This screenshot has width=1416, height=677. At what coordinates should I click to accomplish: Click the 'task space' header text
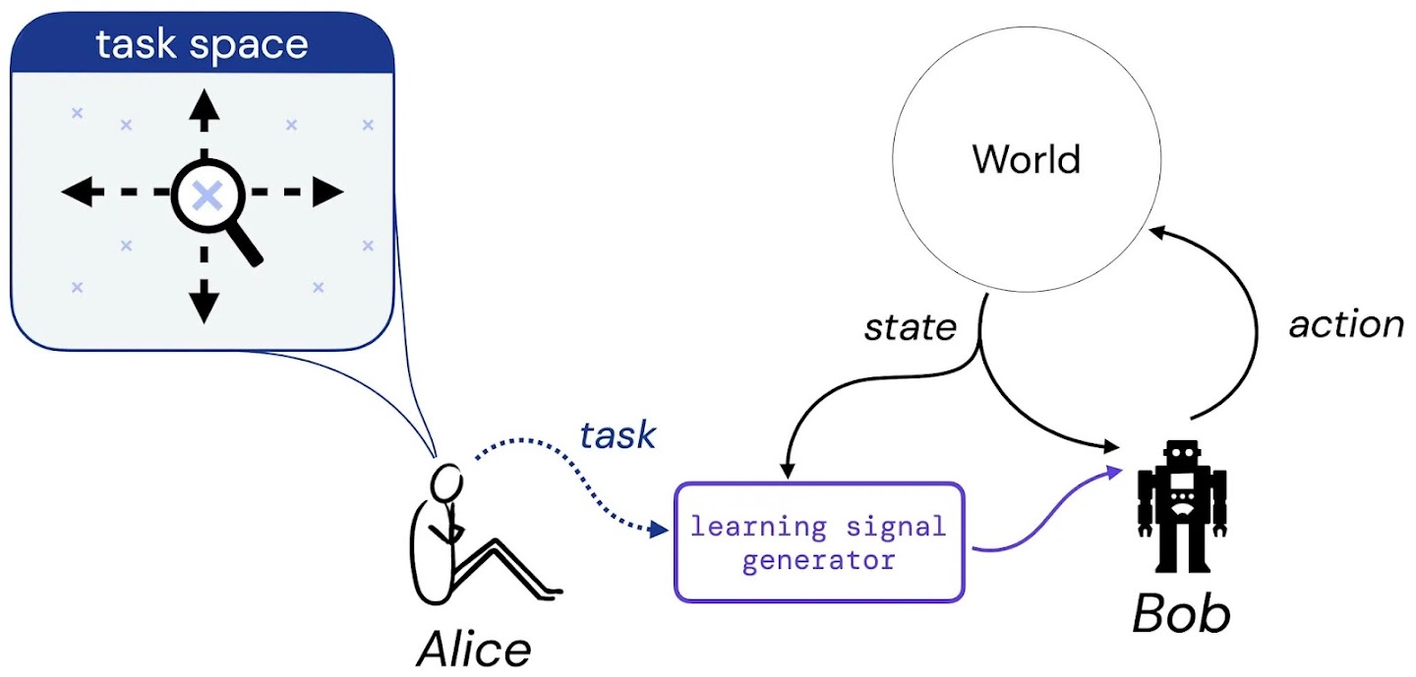pyautogui.click(x=202, y=44)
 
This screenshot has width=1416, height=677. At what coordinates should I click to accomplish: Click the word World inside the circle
pyautogui.click(x=1027, y=159)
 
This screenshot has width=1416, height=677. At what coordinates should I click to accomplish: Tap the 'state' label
pyautogui.click(x=910, y=327)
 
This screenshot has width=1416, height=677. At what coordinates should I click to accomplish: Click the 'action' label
pyautogui.click(x=1346, y=323)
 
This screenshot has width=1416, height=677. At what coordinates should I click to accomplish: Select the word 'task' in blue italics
pyautogui.click(x=618, y=434)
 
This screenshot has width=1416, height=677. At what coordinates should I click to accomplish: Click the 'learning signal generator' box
pyautogui.click(x=818, y=542)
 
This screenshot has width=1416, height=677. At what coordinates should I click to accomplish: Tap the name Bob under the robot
pyautogui.click(x=1181, y=615)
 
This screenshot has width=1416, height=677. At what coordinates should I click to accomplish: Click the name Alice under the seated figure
pyautogui.click(x=474, y=648)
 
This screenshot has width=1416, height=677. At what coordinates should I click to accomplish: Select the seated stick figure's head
pyautogui.click(x=447, y=482)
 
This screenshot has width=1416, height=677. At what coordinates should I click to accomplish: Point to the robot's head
pyautogui.click(x=1181, y=456)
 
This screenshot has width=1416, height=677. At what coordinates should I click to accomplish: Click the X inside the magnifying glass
pyautogui.click(x=206, y=196)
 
